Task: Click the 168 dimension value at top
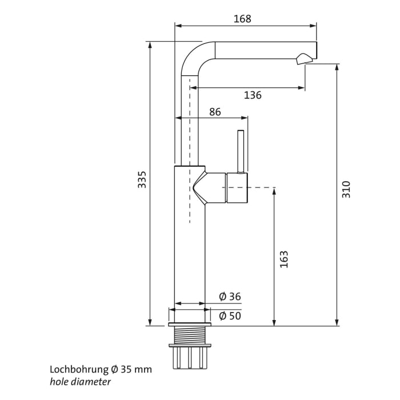click(x=242, y=19)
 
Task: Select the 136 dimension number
click(x=253, y=95)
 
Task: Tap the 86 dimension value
click(x=215, y=112)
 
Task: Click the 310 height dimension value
click(x=346, y=189)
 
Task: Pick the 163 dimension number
click(x=284, y=259)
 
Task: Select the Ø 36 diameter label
click(x=230, y=297)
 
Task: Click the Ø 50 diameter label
click(x=230, y=315)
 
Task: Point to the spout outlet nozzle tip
click(x=305, y=58)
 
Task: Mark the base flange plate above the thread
click(x=190, y=324)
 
